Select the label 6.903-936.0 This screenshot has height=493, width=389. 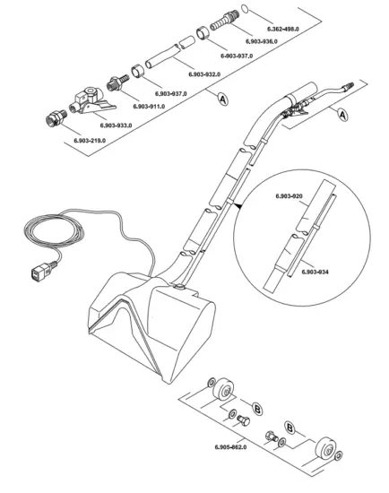coord(264,42)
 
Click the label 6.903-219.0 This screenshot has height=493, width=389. coord(90,141)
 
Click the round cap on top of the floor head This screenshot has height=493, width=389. coord(180,287)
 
